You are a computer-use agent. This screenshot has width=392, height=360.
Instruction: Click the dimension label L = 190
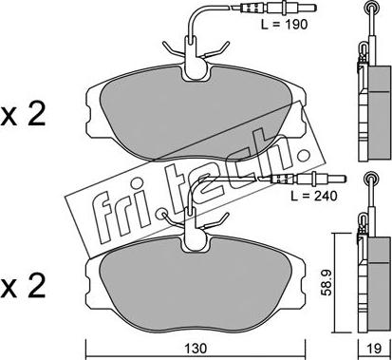point(284,25)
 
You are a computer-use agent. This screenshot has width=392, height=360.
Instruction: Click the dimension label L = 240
point(314,196)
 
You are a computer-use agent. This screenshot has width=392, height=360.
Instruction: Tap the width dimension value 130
point(196,349)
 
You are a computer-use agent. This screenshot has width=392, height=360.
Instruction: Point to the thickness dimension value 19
point(375,349)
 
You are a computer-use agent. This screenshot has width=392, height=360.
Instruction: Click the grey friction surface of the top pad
point(196,117)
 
